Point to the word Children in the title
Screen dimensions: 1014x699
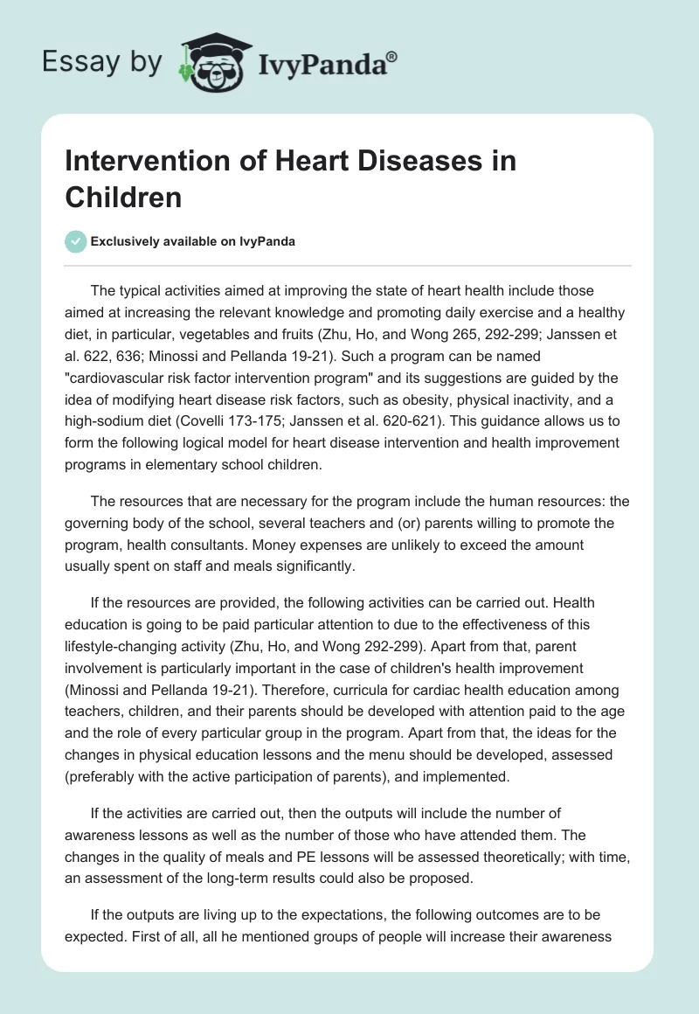point(123,197)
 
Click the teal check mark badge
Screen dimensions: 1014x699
point(76,241)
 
